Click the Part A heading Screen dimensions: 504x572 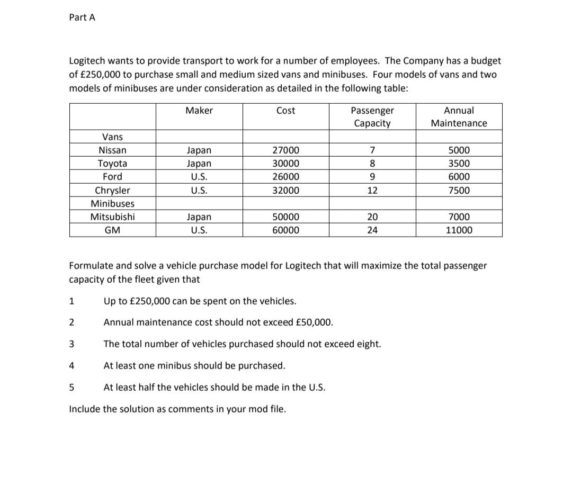[82, 17]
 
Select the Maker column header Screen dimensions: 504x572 [199, 111]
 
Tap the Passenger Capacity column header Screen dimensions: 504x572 [372, 117]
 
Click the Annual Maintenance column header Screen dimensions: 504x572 [459, 117]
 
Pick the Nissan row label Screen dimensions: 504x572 [112, 150]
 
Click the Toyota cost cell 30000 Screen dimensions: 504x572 [285, 164]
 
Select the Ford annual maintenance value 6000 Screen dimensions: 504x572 [459, 177]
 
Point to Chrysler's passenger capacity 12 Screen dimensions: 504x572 [372, 190]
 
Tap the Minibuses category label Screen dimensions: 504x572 [112, 203]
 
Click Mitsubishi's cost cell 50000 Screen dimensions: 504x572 [285, 217]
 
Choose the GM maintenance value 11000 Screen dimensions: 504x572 [459, 230]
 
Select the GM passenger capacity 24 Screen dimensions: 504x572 [372, 230]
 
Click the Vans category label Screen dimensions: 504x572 [112, 137]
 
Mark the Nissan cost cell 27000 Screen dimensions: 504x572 [285, 150]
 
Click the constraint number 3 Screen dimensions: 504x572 [72, 344]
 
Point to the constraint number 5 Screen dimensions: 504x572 [72, 388]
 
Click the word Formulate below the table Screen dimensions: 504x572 [91, 265]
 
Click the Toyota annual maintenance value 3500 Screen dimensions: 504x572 [459, 164]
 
